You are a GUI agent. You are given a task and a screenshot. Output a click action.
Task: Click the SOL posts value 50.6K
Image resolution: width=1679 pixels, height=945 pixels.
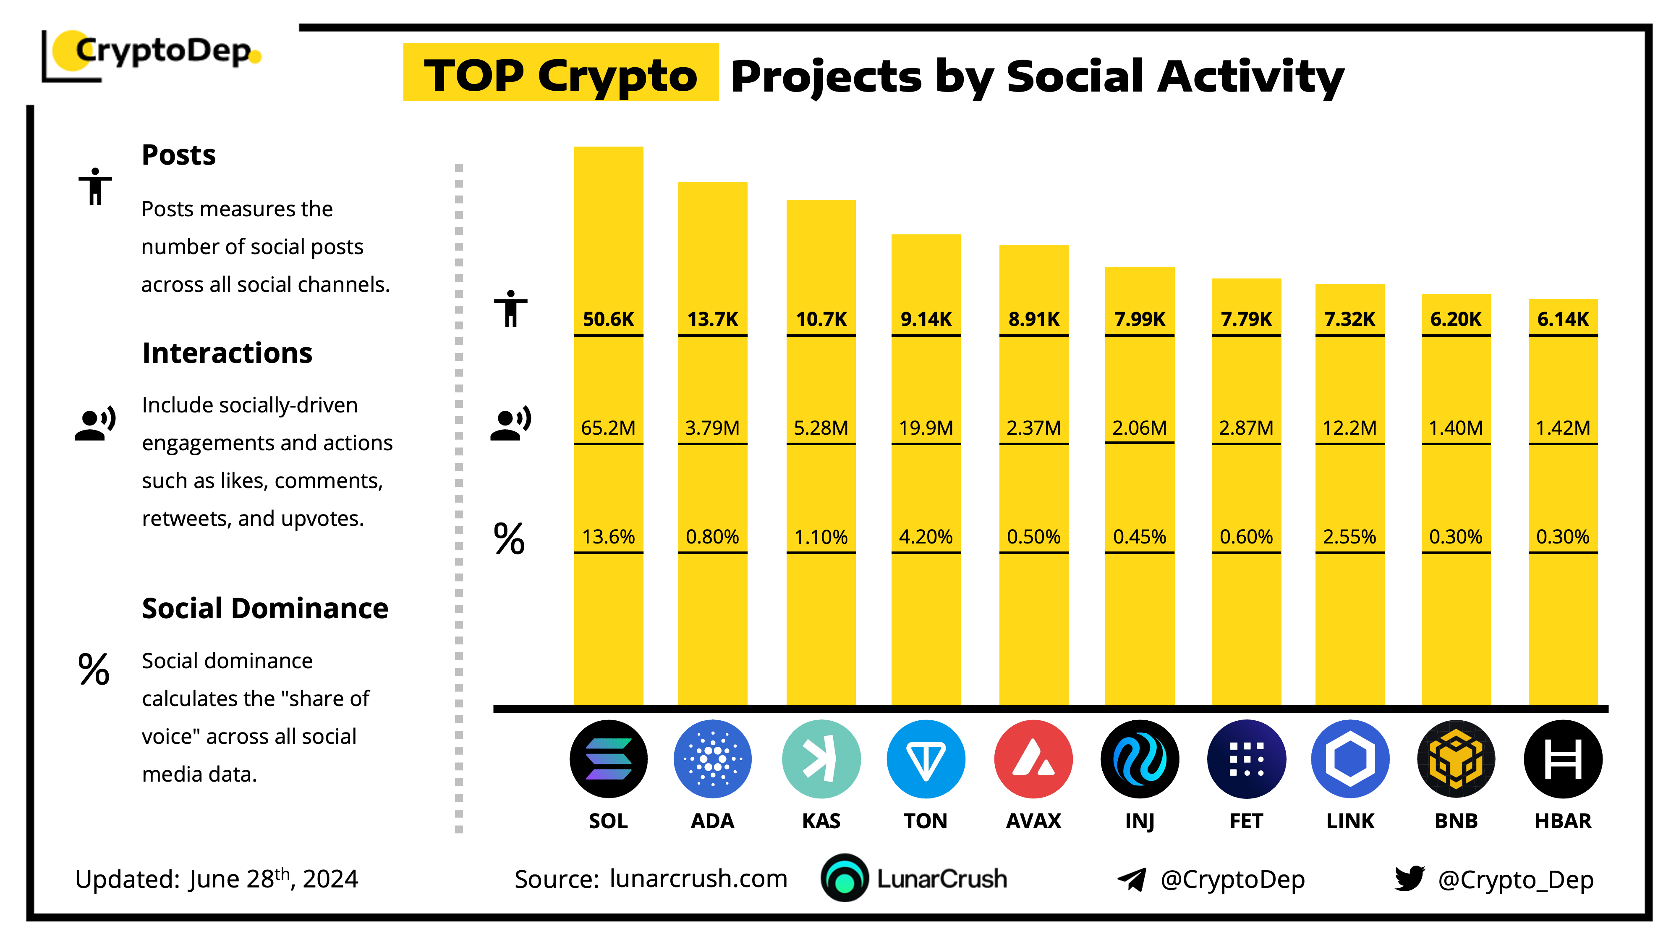[x=608, y=319]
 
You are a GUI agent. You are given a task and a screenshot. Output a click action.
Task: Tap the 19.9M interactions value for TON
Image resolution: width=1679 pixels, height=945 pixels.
[x=926, y=428]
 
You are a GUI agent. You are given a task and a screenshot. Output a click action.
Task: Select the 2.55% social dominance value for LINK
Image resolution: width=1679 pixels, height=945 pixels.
[x=1349, y=537]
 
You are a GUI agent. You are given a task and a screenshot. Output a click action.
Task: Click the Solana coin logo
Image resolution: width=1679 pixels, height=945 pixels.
[x=608, y=759]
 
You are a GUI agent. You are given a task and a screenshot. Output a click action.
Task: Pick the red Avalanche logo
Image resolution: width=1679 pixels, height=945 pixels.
[x=1033, y=759]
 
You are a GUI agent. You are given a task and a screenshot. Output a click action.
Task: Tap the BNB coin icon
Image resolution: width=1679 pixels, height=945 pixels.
[x=1456, y=759]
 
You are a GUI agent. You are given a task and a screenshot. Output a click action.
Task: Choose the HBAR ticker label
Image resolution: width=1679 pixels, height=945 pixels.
[x=1563, y=820]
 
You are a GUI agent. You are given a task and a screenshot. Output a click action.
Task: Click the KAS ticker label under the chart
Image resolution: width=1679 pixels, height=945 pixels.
[x=821, y=820]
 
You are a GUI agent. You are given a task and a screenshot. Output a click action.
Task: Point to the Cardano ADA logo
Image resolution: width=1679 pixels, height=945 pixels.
[x=712, y=759]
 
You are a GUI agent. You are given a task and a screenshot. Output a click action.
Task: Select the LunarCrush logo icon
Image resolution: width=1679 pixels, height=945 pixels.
[x=845, y=878]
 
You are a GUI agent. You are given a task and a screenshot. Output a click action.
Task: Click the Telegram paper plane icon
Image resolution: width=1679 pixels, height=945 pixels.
[x=1132, y=879]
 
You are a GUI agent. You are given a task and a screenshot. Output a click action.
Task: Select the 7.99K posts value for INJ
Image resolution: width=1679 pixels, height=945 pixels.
[x=1139, y=319]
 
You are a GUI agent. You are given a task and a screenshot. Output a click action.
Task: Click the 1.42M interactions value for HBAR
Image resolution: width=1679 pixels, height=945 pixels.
[x=1563, y=428]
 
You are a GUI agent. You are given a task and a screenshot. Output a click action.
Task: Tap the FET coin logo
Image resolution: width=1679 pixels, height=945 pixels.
[x=1246, y=759]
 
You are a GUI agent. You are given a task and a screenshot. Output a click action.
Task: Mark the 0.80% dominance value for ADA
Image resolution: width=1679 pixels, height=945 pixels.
[x=712, y=537]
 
